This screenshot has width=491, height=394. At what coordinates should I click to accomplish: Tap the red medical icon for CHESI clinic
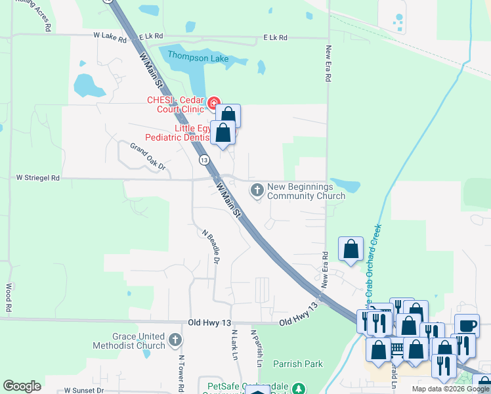(213, 103)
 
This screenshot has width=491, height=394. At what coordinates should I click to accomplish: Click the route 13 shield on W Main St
(204, 160)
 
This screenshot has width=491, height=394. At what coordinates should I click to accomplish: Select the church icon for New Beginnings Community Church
(257, 190)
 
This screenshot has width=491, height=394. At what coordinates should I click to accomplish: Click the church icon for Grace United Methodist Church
(175, 340)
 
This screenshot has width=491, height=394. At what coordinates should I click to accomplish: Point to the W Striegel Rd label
(38, 178)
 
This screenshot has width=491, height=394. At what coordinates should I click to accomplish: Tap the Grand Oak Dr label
(147, 156)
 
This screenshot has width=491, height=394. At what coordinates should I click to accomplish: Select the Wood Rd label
(9, 298)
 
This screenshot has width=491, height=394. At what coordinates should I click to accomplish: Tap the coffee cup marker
(467, 326)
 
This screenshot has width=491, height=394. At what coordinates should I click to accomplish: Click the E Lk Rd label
(275, 38)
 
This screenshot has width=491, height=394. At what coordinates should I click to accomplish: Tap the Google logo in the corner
(22, 386)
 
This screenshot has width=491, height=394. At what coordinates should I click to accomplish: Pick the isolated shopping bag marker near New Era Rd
(351, 249)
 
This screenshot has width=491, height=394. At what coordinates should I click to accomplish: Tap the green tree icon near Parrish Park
(299, 389)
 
